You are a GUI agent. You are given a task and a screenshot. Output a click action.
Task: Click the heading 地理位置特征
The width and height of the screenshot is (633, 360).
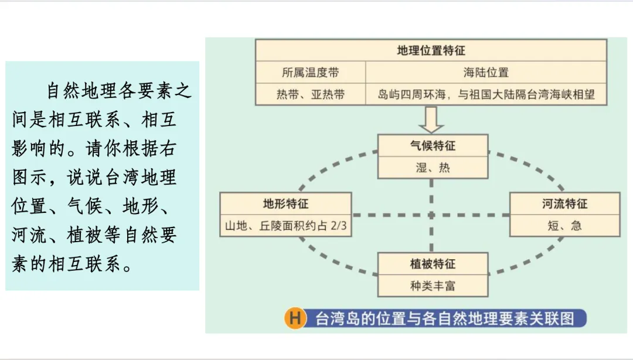pos(431,51)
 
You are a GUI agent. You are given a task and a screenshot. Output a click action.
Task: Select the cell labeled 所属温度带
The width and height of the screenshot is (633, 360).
pos(310,73)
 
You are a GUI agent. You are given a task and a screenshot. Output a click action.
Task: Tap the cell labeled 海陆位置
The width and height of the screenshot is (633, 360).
pos(486,73)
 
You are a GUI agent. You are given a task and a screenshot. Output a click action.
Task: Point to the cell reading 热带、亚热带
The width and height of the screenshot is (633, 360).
pos(310,94)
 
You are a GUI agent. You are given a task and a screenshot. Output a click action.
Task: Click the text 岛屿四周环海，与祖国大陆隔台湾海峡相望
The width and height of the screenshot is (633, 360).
pos(486,94)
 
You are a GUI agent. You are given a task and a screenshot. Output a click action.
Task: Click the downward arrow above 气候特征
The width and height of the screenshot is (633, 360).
pos(432,120)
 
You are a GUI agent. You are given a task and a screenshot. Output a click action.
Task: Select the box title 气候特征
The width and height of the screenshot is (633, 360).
pos(433,145)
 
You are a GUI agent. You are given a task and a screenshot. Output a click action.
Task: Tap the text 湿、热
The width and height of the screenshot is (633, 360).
pos(433,168)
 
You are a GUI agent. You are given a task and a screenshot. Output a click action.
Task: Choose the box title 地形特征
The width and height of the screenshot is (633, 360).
pos(285,204)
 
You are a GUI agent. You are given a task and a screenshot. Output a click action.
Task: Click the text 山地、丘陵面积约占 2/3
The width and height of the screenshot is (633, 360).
pos(285,226)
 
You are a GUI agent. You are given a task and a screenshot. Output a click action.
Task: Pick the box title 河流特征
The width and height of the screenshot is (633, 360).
pos(564,204)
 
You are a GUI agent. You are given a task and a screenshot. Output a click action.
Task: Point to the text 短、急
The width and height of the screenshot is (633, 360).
pos(564,226)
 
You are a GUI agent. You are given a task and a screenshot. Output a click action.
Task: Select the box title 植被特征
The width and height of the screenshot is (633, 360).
pos(433,264)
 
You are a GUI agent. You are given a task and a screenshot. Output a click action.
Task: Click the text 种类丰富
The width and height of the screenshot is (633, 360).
pos(433,286)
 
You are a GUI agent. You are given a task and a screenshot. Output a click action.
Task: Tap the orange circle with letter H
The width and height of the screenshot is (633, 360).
pos(295,318)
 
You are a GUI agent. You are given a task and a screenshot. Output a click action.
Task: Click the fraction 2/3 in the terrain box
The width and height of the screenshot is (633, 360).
pos(335,226)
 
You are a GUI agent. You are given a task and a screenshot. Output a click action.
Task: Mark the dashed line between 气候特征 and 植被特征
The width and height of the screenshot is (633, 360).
pos(432,215)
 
